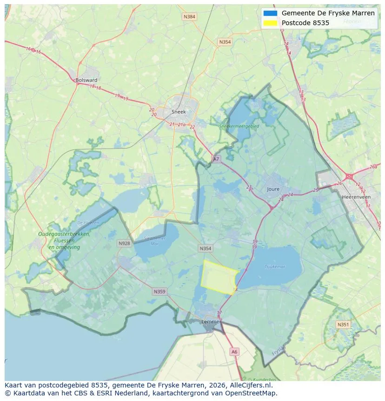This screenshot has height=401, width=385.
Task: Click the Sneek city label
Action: [179, 112]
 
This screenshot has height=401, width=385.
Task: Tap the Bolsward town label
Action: [86, 80]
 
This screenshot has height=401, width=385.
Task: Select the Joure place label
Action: [273, 189]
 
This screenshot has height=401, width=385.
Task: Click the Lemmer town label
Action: [210, 321]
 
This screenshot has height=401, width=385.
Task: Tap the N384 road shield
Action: [189, 17]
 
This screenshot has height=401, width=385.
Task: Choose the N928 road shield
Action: [124, 243]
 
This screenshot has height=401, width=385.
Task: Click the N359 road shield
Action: [159, 292]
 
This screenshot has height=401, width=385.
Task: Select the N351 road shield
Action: [343, 325]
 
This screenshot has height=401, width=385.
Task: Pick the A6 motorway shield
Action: [234, 352]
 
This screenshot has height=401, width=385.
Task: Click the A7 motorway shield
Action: [216, 159]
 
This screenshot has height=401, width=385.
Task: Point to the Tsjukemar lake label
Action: [275, 267]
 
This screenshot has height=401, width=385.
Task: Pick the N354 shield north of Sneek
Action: [225, 42]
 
